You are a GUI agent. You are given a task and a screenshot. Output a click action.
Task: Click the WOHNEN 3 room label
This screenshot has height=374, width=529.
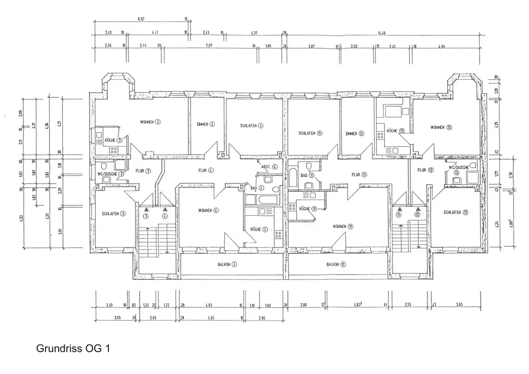coord(150,122)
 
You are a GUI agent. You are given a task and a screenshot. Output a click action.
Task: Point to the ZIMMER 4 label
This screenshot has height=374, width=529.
coord(205,125)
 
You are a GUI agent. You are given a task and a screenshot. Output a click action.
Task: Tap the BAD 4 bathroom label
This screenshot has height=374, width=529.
coord(257,188)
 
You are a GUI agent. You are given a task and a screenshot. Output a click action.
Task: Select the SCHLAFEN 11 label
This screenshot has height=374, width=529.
coord(311,133)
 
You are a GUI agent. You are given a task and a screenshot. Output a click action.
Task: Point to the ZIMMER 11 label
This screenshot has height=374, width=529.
coord(353,133)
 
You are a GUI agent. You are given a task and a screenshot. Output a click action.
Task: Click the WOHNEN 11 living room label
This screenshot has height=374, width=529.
coord(343,226)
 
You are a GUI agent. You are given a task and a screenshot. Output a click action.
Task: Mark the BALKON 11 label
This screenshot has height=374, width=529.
coord(336,264)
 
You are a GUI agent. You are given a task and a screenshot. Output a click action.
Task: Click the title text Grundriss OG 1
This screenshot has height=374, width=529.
coord(74,349)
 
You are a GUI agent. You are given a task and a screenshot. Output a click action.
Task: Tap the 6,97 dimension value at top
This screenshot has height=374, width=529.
coord(141,19)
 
